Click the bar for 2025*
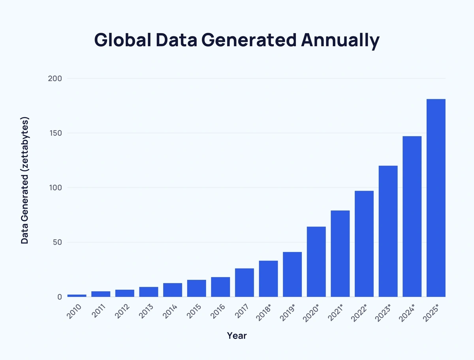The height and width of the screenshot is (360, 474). click(x=436, y=198)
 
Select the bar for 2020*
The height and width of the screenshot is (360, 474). click(x=316, y=261)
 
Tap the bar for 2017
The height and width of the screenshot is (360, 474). click(x=244, y=282)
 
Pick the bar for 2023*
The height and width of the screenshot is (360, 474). click(x=388, y=231)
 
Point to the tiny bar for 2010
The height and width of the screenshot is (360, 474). click(x=77, y=295)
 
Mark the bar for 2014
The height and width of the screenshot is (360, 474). click(x=173, y=290)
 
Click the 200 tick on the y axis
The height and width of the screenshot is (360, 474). click(x=55, y=79)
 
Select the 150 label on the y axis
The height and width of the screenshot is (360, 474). click(x=55, y=133)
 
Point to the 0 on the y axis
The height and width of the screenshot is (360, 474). click(x=59, y=297)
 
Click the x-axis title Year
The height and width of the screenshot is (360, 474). click(x=237, y=336)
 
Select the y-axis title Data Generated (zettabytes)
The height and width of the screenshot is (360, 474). click(x=24, y=180)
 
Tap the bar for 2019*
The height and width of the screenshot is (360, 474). click(x=292, y=274)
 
